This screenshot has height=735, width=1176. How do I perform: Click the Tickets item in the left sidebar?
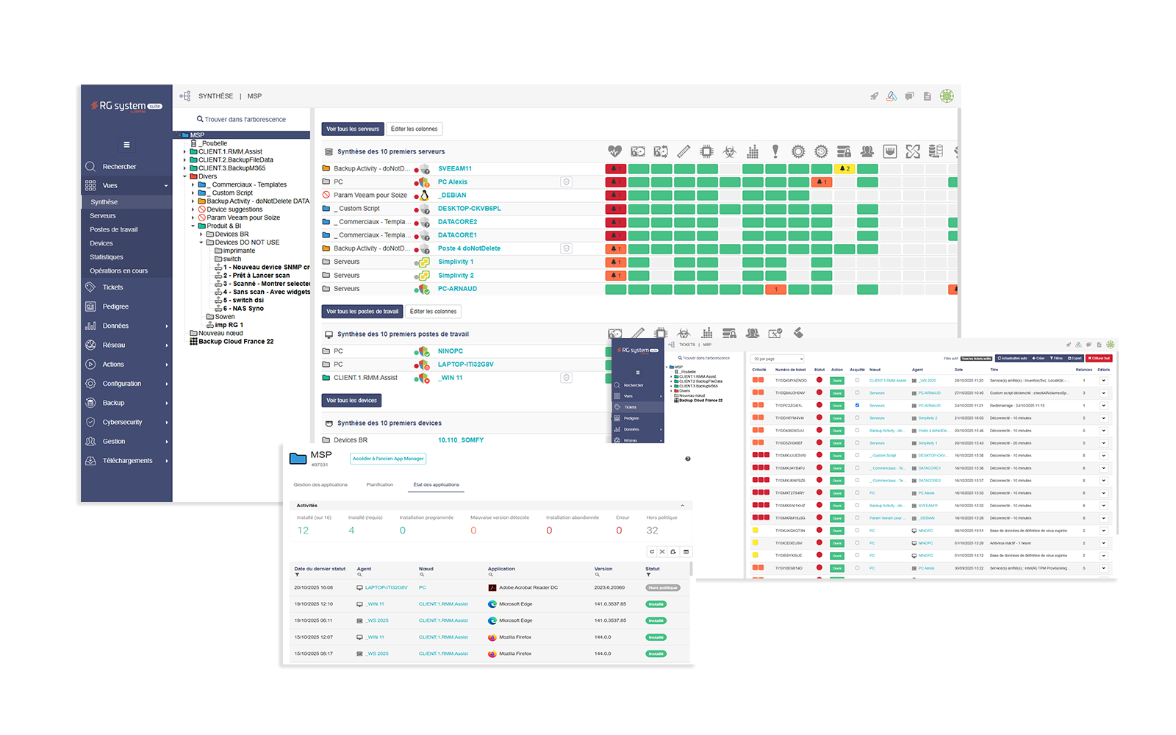(x=112, y=287)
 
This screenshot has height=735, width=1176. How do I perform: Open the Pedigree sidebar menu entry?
(x=115, y=306)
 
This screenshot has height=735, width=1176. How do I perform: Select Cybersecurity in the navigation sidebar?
(x=122, y=422)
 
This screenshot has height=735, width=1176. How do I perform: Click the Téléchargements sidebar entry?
(x=127, y=461)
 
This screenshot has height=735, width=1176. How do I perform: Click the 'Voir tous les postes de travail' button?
(x=362, y=312)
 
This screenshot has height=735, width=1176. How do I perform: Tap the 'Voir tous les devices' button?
(x=351, y=401)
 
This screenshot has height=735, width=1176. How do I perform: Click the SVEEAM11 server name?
(x=455, y=169)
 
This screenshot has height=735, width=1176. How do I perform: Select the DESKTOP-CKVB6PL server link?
(x=469, y=209)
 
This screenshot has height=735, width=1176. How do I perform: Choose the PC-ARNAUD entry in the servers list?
(x=457, y=289)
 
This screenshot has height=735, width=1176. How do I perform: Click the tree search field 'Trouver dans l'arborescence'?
(x=245, y=119)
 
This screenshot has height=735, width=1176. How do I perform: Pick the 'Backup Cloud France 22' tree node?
(x=235, y=342)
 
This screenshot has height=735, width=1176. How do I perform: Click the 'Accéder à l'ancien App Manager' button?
(x=388, y=459)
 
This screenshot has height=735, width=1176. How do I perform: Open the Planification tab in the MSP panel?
(x=380, y=485)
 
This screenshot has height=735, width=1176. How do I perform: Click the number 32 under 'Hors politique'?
(x=652, y=531)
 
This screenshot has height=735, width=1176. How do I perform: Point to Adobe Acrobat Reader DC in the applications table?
(x=528, y=588)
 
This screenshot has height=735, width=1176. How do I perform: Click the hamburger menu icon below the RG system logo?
(x=126, y=145)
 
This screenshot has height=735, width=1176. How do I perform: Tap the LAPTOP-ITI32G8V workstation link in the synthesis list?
(x=465, y=365)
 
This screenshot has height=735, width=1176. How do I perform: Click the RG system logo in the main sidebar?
(x=126, y=107)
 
